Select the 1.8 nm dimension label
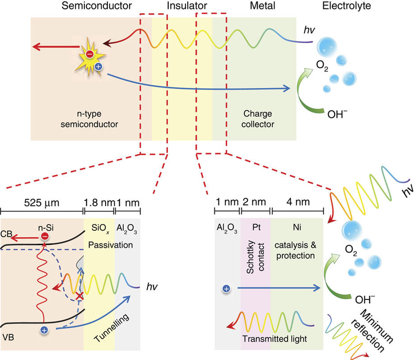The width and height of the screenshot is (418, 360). [100, 202]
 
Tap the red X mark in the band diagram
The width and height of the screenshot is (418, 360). [79, 296]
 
